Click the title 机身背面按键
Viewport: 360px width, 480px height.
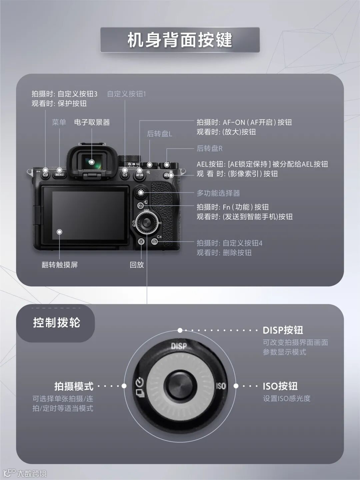pos(180,40)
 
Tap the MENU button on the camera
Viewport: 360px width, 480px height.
pos(59,174)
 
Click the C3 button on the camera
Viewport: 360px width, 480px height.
pos(45,174)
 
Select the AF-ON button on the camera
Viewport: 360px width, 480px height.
pos(139,175)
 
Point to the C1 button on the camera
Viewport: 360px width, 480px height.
pos(125,175)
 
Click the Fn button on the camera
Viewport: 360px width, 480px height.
pos(140,206)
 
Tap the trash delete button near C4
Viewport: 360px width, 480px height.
pos(155,242)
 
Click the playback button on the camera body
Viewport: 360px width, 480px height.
pos(141,242)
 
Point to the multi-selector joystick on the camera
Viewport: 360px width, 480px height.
pos(141,192)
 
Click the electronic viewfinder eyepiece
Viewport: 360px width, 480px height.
pos(92,162)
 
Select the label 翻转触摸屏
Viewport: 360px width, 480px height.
pos(60,265)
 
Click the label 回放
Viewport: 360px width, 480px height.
pos(137,265)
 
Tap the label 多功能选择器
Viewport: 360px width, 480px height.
pos(218,193)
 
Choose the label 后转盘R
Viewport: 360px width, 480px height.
pos(209,148)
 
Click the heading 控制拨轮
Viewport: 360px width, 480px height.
pos(57,323)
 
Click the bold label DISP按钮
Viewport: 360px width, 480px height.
pos(283,330)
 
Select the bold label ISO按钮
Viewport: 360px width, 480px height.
pos(280,386)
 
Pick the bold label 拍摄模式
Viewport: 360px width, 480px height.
pos(74,386)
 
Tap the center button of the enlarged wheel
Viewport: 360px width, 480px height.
pos(180,386)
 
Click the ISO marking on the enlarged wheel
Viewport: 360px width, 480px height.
pos(221,386)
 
